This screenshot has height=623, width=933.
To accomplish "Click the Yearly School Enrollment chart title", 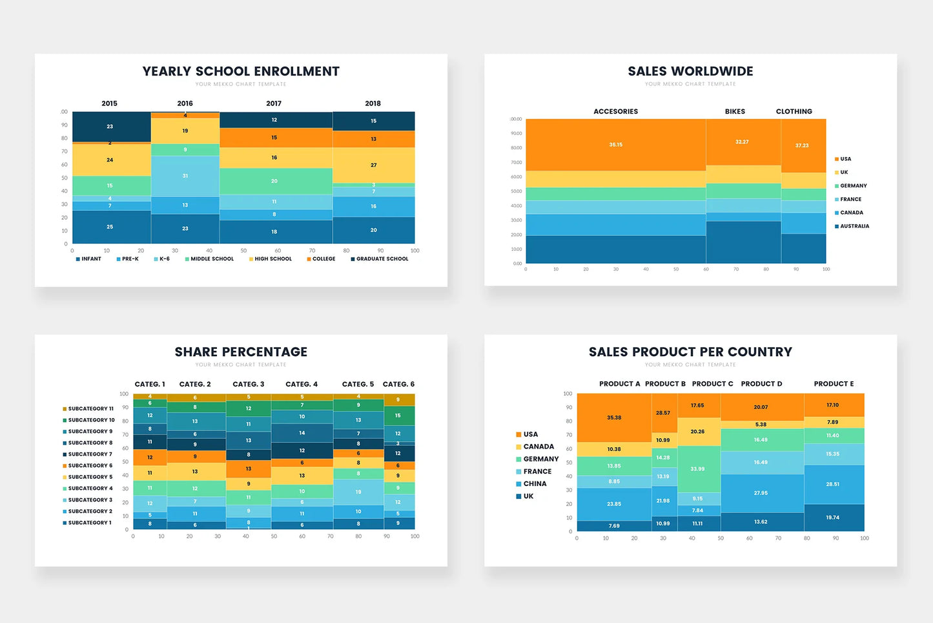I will (241, 71).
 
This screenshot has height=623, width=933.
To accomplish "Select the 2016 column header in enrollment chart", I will (185, 103).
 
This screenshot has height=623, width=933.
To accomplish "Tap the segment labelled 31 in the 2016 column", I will (185, 176).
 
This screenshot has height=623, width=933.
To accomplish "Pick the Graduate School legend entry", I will (382, 259).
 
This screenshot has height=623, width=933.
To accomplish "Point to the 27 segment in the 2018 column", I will (373, 165).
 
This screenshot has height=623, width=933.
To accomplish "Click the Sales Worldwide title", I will (690, 71).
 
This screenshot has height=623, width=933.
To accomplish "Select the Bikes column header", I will (735, 112).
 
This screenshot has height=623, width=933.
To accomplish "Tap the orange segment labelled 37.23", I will (802, 145).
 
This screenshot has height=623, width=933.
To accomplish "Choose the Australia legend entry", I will (854, 226).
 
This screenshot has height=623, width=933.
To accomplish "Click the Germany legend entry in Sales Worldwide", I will (852, 186).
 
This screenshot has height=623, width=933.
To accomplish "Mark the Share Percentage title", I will (241, 352).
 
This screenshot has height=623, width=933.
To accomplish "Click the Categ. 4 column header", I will (302, 385).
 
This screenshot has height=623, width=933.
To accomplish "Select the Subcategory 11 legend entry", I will (90, 409).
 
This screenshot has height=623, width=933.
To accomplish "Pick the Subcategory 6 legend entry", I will (89, 466).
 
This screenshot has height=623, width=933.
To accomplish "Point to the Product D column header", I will (761, 384).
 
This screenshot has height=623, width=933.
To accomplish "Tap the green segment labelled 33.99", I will (697, 469).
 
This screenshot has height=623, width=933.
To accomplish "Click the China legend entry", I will (534, 484).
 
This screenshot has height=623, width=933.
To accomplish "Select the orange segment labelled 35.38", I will (614, 417).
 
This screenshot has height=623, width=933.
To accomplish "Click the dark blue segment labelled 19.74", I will (833, 518).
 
